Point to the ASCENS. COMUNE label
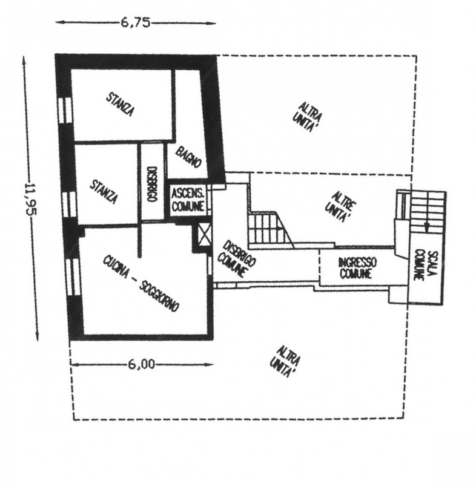coord(189,200)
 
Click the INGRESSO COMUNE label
coord(357,268)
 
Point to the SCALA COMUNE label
coord(427,266)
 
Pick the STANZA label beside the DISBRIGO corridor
coord(104,191)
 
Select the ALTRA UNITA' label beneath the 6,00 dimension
coord(284,362)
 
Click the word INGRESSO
coord(357,263)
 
